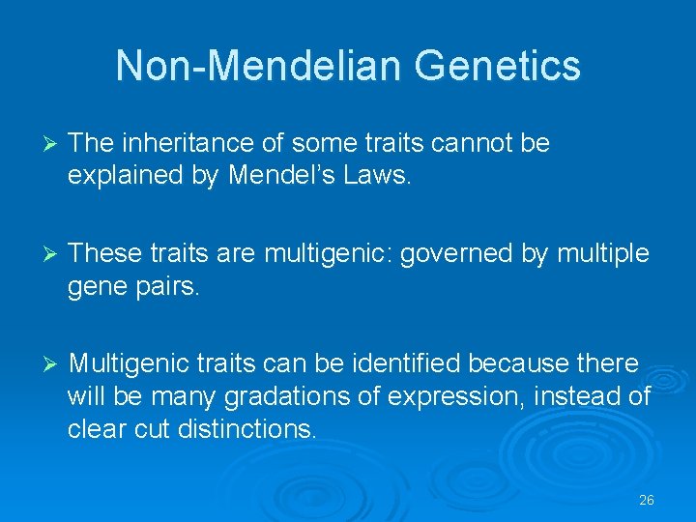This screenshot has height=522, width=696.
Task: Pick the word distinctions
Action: (x=247, y=429)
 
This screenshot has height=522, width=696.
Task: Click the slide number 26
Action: (x=647, y=501)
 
